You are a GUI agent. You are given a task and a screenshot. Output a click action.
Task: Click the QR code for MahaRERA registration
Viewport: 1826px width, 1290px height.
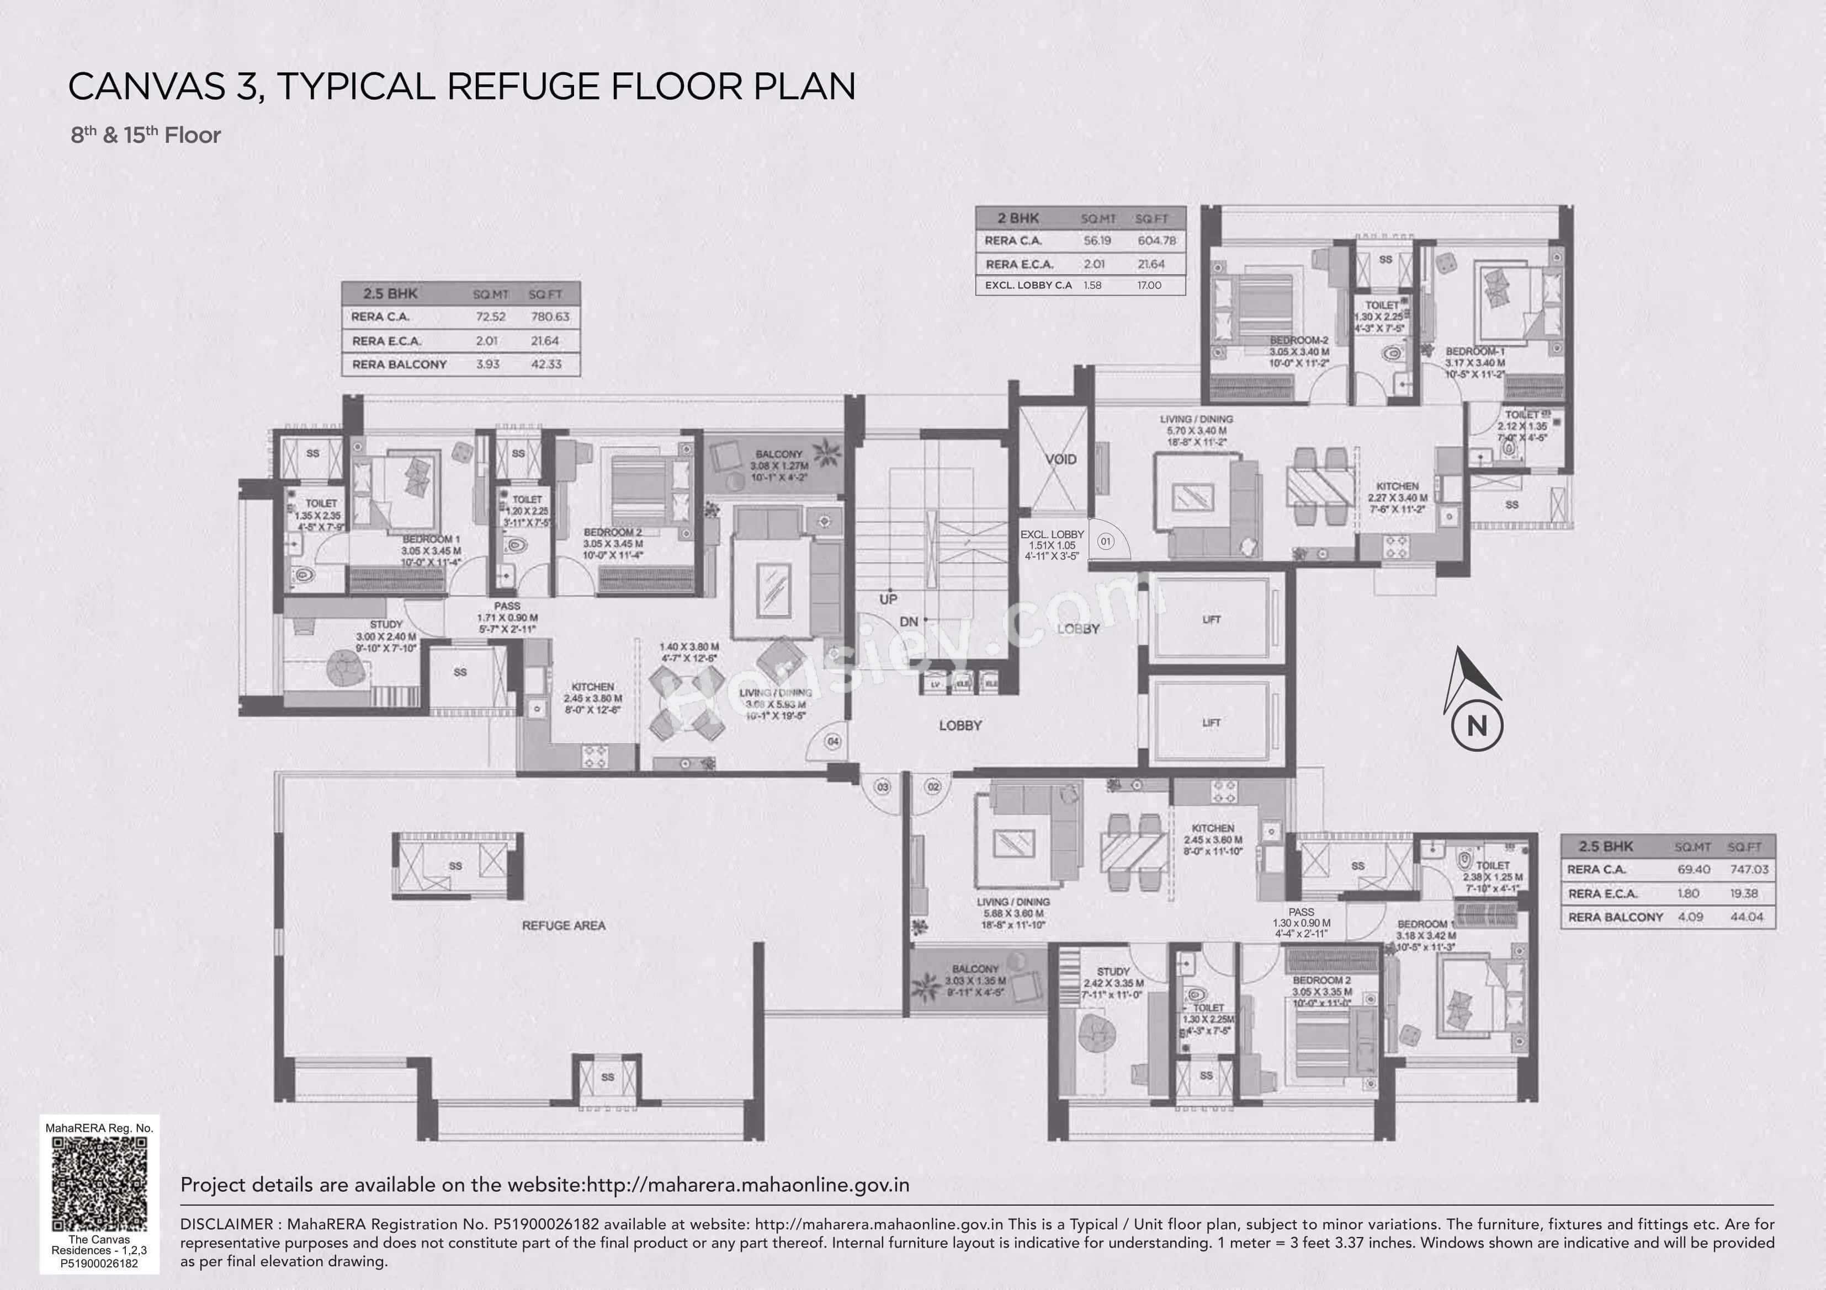point(99,1184)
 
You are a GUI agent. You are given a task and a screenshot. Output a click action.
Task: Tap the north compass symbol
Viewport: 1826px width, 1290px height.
point(1476,699)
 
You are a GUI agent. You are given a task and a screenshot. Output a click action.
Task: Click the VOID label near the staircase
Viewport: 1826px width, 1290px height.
point(1061,459)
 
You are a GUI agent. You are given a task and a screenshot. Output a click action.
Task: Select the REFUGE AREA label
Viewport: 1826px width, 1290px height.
point(563,925)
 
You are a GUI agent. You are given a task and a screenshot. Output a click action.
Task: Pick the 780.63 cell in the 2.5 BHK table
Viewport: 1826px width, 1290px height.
point(550,317)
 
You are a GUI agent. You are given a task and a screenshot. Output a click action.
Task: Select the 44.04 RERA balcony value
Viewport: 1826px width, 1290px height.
point(1747,917)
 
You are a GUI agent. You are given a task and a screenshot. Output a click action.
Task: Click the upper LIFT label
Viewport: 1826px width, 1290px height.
point(1211,619)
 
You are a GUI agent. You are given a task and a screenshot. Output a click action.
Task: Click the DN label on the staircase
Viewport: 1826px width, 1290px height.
point(908,622)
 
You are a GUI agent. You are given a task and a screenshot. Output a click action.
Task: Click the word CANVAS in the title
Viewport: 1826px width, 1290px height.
point(147,86)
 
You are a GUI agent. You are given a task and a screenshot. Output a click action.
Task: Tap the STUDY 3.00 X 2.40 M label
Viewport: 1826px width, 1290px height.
point(386,636)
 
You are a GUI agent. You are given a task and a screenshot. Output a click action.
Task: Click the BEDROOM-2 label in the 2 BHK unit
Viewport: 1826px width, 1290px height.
point(1299,340)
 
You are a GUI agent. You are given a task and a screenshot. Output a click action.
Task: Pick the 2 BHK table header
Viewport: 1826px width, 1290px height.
point(1019,218)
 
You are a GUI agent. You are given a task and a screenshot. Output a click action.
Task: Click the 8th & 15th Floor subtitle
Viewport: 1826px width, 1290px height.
point(146,135)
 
